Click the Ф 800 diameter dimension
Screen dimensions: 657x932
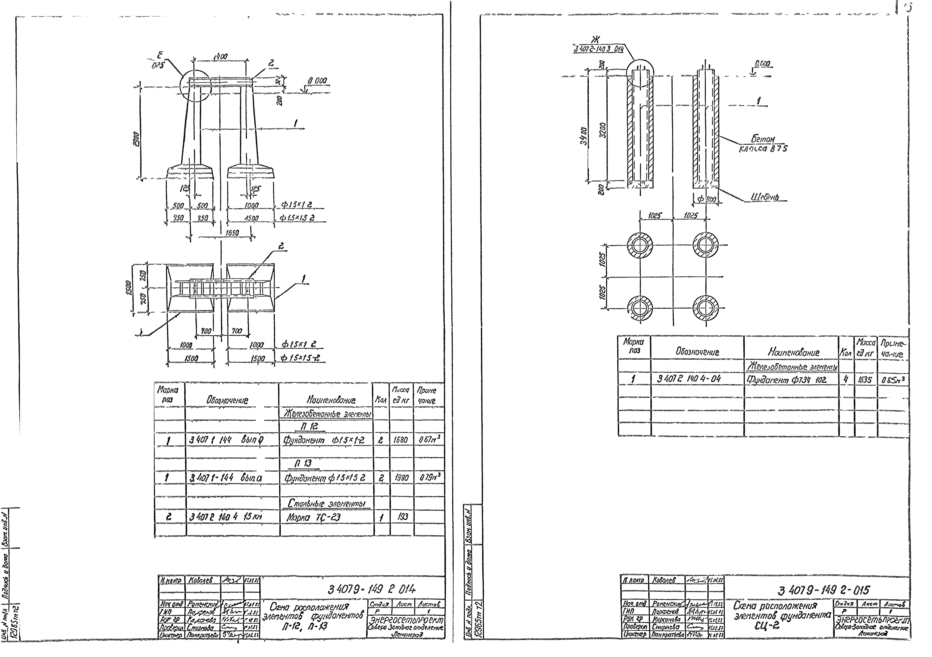click(706, 200)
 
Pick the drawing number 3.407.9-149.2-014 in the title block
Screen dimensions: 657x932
click(371, 589)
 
